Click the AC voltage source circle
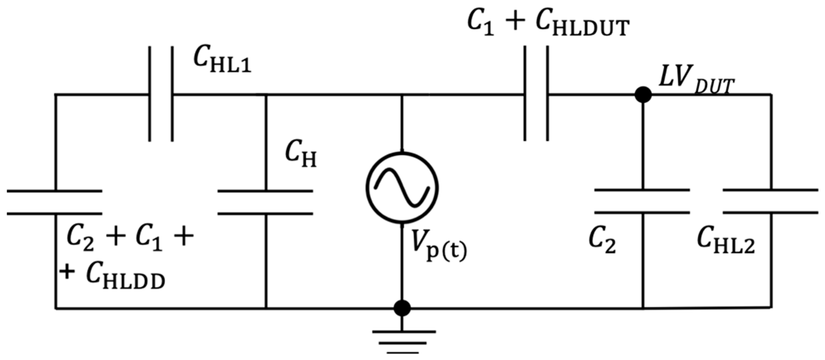click(x=402, y=188)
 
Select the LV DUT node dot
click(x=643, y=95)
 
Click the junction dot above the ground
click(x=402, y=308)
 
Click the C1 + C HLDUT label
click(x=548, y=24)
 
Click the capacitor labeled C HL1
click(x=161, y=94)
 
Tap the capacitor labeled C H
click(x=265, y=202)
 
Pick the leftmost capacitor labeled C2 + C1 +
click(x=55, y=202)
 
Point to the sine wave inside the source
click(x=402, y=188)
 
